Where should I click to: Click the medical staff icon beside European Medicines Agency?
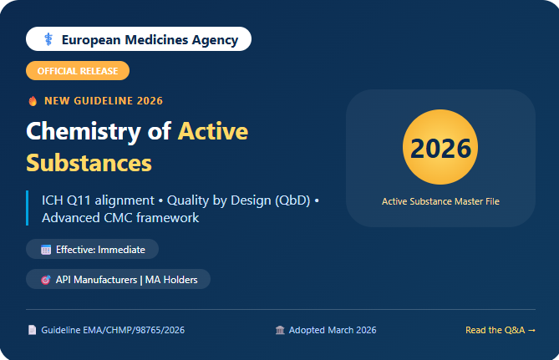48,39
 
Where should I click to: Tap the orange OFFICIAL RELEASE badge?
78,70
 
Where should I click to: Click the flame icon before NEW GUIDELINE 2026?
33,101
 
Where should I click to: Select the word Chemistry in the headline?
84,131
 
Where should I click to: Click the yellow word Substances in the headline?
89,163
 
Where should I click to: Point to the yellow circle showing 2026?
440,147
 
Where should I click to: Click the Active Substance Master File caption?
440,201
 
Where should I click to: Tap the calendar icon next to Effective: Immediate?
46,250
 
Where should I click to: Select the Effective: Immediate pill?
93,249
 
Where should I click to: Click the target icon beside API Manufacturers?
46,280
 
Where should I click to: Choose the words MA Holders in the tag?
171,280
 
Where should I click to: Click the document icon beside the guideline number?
32,330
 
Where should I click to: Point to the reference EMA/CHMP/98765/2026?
134,330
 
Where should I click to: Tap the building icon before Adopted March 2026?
280,330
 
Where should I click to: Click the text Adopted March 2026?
333,330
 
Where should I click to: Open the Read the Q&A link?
501,330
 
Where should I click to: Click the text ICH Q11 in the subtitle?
67,200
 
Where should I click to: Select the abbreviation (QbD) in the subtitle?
292,200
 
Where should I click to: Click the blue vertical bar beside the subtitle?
27,208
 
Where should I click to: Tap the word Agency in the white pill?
215,40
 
